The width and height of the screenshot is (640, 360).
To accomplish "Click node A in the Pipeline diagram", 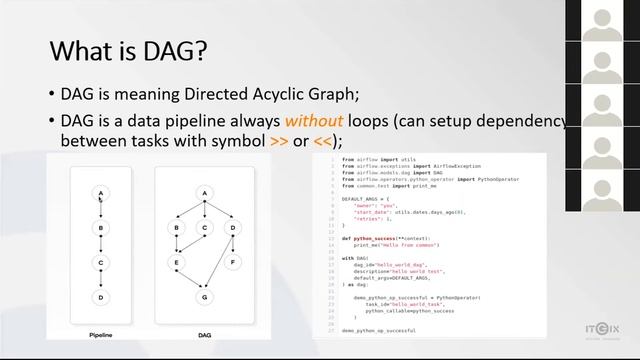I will (x=101, y=193).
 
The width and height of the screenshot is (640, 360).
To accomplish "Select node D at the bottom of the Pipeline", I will (x=101, y=297).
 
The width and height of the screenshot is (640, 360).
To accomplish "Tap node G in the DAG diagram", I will (x=205, y=298).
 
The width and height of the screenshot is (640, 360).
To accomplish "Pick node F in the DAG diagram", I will (x=234, y=263).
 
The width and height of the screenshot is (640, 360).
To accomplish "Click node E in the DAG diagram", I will (x=177, y=263).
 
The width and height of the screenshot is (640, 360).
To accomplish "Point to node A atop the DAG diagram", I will (x=205, y=193).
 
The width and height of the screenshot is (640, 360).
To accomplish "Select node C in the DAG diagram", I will (x=205, y=228).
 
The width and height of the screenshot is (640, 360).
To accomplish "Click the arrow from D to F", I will (x=234, y=246).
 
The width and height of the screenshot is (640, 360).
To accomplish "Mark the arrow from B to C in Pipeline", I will (x=101, y=245).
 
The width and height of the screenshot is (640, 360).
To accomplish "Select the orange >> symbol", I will (x=280, y=141).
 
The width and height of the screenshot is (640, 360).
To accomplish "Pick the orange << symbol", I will (x=324, y=141).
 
